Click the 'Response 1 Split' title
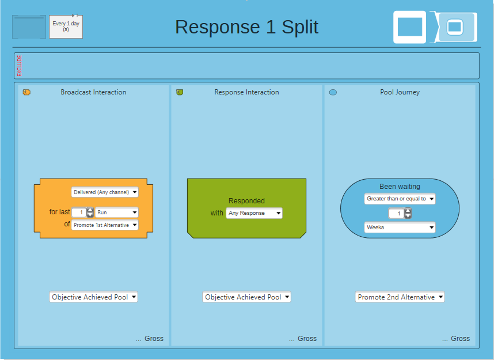click(246, 27)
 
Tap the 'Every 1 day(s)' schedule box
click(66, 27)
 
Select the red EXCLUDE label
click(20, 66)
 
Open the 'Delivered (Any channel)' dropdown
click(105, 192)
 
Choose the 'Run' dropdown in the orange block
click(116, 212)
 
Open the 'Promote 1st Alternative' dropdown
click(105, 225)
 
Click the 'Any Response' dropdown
click(254, 213)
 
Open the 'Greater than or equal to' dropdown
click(400, 199)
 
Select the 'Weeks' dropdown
click(400, 228)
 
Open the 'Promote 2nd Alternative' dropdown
click(400, 297)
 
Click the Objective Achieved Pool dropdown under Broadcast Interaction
click(94, 297)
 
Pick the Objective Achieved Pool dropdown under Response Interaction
click(246, 297)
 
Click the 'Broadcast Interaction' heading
click(94, 92)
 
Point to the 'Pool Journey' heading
click(400, 92)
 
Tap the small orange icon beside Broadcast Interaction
click(26, 92)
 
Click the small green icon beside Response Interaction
click(180, 92)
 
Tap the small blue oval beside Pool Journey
click(333, 92)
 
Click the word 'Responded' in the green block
click(246, 201)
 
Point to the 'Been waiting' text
click(400, 186)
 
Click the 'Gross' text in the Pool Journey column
click(460, 338)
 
